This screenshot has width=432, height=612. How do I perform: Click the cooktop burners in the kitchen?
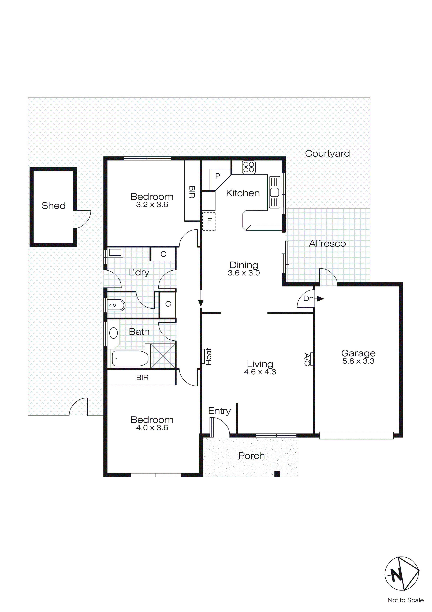tap(249, 167)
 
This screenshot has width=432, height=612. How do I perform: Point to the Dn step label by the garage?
tap(308, 298)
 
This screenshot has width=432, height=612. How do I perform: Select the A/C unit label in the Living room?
tap(307, 359)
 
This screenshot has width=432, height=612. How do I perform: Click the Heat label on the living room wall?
tap(208, 356)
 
